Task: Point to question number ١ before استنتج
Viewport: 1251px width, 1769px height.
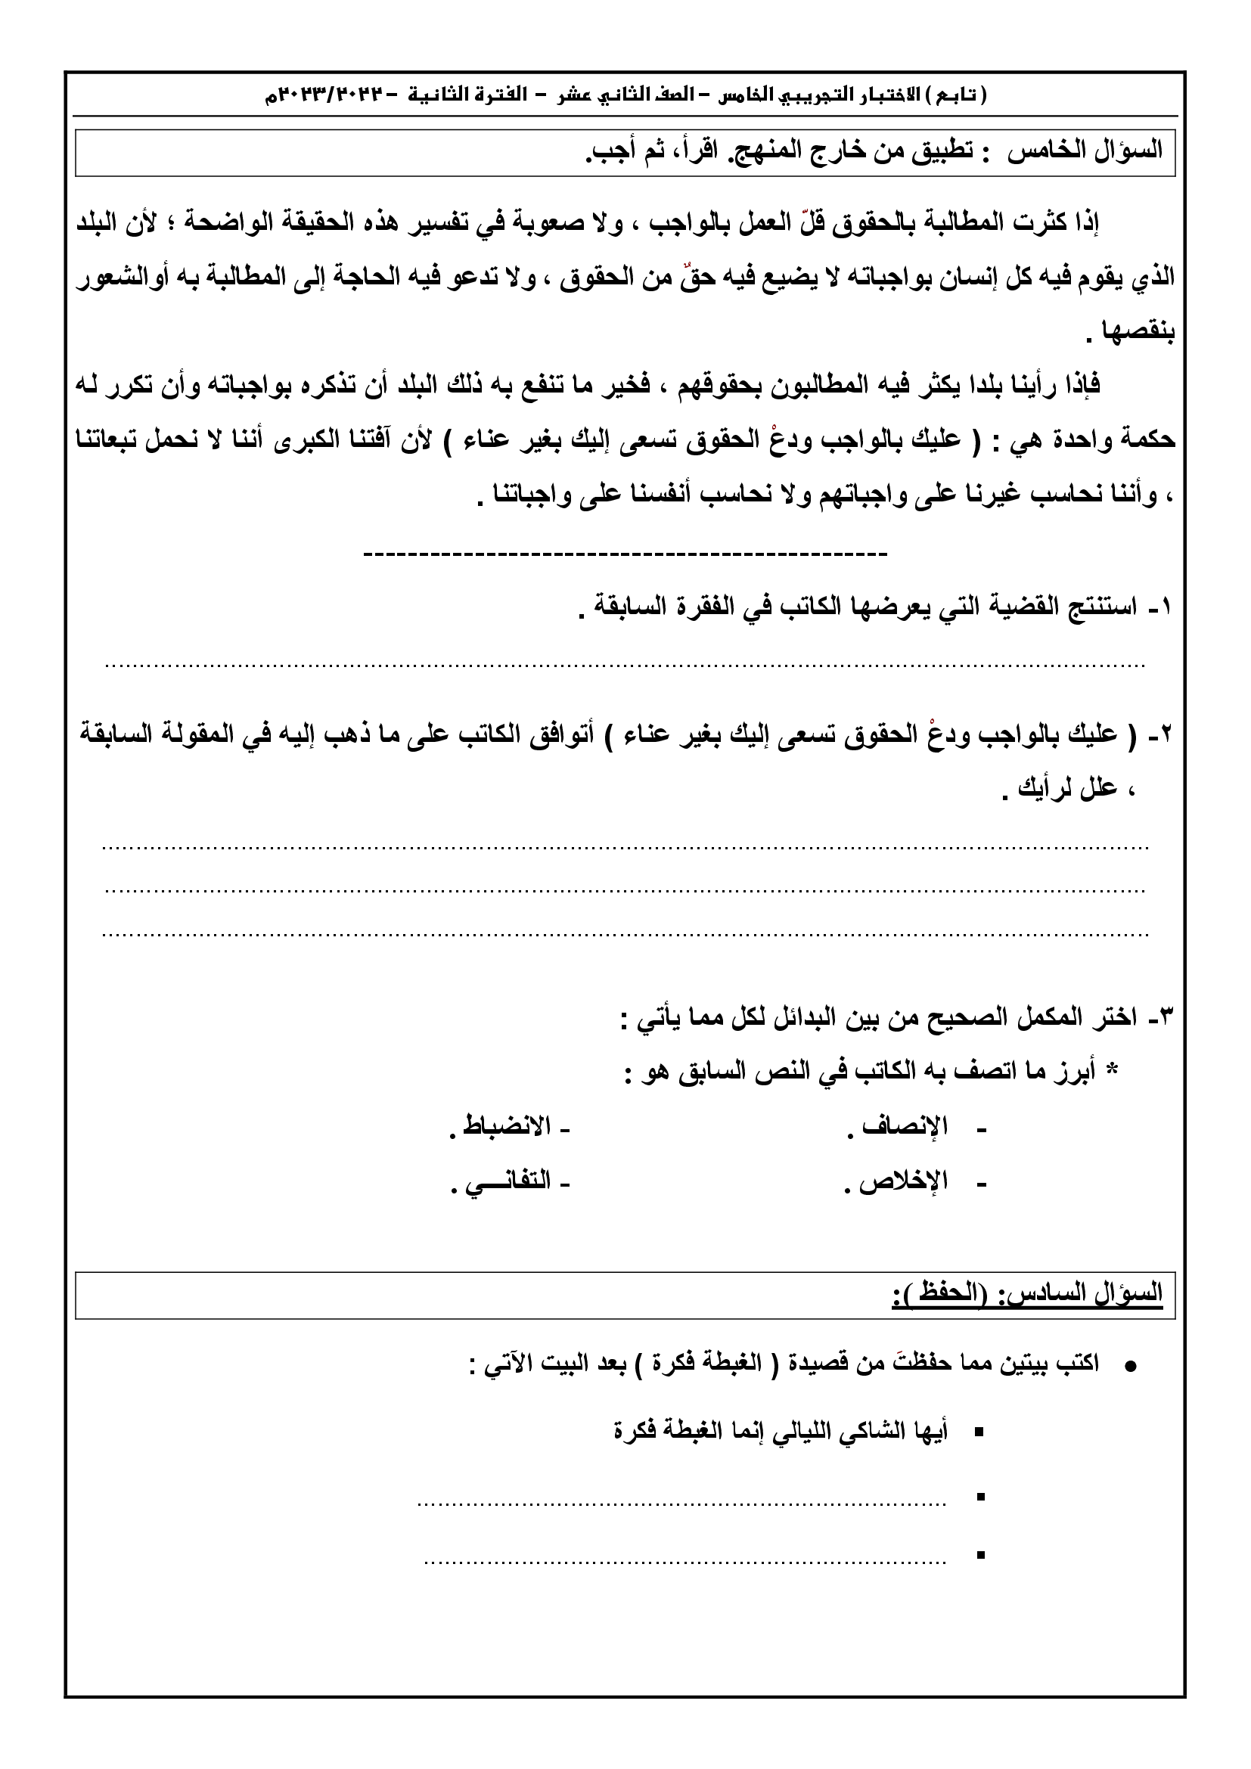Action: [x=1161, y=608]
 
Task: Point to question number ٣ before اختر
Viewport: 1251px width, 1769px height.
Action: [x=1160, y=1018]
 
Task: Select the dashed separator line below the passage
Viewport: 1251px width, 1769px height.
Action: [x=625, y=553]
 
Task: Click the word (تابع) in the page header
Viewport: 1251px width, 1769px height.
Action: [x=966, y=95]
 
